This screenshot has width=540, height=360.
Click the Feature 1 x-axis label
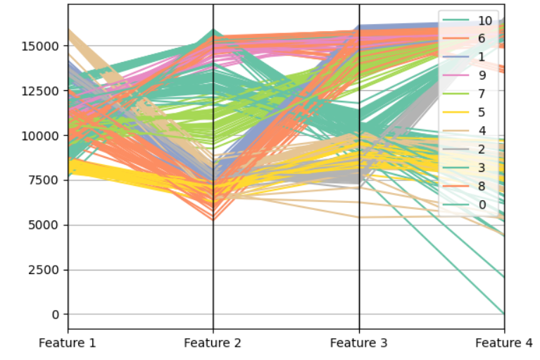click(x=68, y=343)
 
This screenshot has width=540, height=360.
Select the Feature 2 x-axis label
click(x=213, y=343)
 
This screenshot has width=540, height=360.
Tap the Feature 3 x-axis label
click(x=359, y=343)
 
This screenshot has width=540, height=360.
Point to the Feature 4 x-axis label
click(x=504, y=343)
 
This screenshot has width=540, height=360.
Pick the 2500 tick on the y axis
click(x=45, y=270)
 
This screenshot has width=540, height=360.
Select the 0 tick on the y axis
click(x=56, y=314)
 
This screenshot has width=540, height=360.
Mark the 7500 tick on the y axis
click(x=45, y=180)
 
